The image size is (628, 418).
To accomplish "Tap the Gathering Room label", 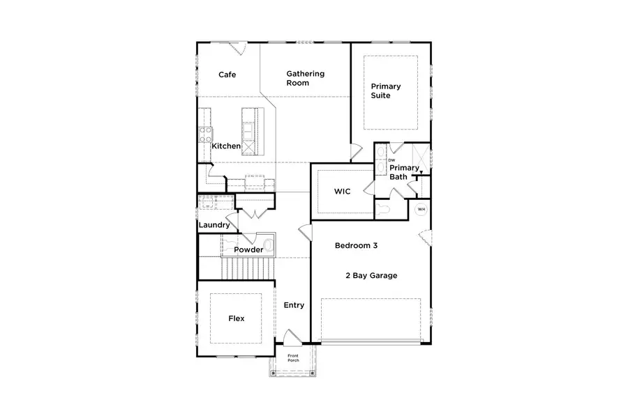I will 305,78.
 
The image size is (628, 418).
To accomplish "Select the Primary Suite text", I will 385,91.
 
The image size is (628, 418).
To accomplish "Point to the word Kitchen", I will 226,146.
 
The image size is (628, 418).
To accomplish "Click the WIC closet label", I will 342,190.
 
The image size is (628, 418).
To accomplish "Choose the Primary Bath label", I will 404,172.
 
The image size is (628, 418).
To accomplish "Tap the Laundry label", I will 214,225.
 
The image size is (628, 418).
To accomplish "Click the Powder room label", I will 248,249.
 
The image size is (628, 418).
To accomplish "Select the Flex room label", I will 237,318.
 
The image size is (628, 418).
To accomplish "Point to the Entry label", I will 294,305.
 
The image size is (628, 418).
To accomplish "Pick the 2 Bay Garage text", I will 371,276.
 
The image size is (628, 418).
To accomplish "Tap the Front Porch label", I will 293,358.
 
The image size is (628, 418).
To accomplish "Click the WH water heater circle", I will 421,209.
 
